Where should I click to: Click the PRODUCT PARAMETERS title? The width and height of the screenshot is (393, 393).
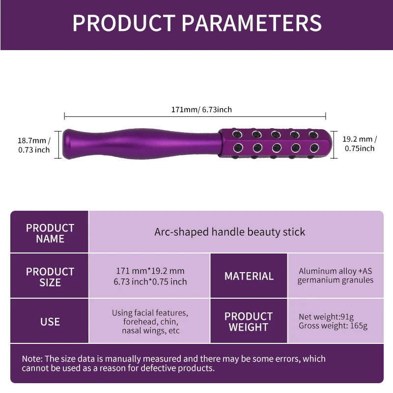click(x=196, y=23)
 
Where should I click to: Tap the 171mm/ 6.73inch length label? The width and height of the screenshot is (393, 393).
click(x=201, y=109)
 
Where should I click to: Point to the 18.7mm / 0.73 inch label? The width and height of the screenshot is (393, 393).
click(x=34, y=145)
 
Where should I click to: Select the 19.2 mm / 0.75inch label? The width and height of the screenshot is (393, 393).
click(x=360, y=143)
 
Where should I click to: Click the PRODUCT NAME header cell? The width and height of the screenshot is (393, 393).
click(x=50, y=233)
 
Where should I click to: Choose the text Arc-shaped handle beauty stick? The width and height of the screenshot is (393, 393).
click(x=230, y=232)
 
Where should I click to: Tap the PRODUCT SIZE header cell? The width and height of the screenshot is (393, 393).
click(x=50, y=277)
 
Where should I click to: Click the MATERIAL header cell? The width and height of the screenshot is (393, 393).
click(x=249, y=276)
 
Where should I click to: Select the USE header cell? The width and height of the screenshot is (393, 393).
click(x=50, y=322)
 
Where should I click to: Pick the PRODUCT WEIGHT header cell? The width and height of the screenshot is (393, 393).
click(x=249, y=322)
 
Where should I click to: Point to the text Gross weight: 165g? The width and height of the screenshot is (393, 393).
click(x=333, y=326)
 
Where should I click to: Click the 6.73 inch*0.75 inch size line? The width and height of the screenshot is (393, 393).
click(x=150, y=281)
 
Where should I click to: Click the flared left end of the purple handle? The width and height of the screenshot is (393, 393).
click(x=69, y=144)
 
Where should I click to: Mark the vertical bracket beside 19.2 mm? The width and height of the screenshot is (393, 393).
click(x=335, y=144)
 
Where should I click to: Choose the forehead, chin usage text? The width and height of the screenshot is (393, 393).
click(x=150, y=322)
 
